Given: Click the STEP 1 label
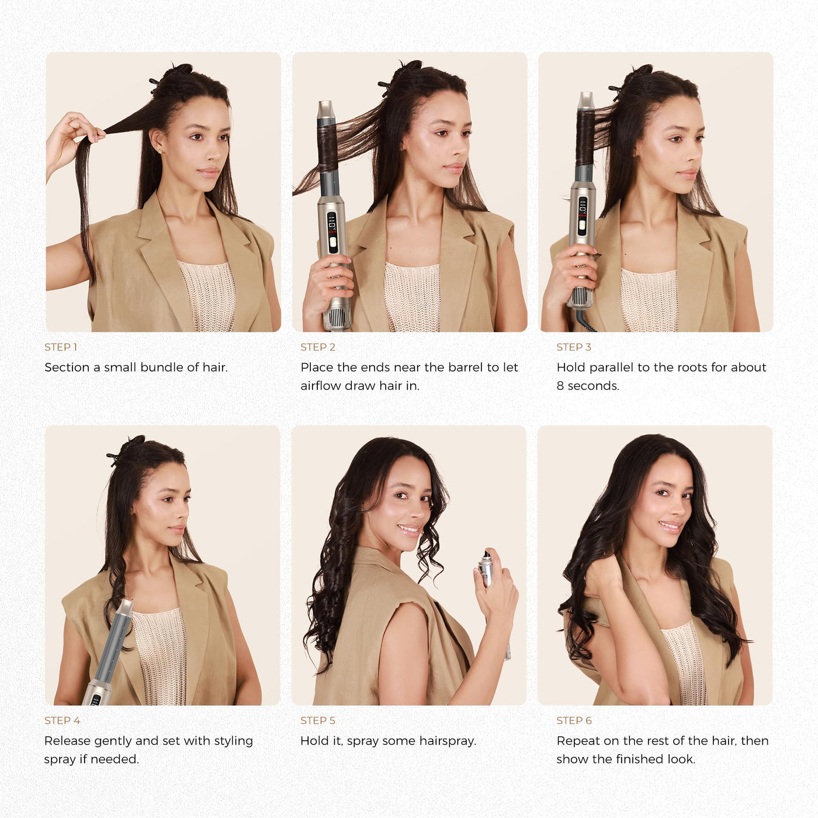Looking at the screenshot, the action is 61,347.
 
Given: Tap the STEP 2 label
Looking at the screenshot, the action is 317,347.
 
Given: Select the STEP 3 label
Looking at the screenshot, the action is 574,347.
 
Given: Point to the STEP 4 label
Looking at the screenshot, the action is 62,720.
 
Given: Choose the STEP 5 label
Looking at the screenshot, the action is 317,720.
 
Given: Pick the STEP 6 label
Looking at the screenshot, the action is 574,720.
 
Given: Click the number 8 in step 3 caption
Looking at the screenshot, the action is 560,386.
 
